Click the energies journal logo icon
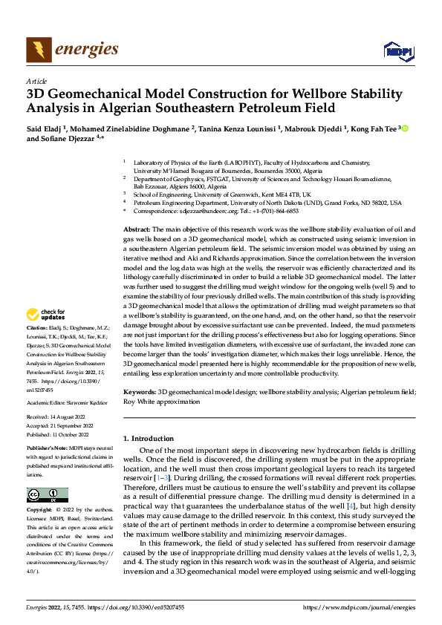tap(36, 50)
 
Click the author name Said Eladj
tap(44, 128)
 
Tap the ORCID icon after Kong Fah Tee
tap(406, 128)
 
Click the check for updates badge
tap(48, 335)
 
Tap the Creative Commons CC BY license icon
tap(48, 495)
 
